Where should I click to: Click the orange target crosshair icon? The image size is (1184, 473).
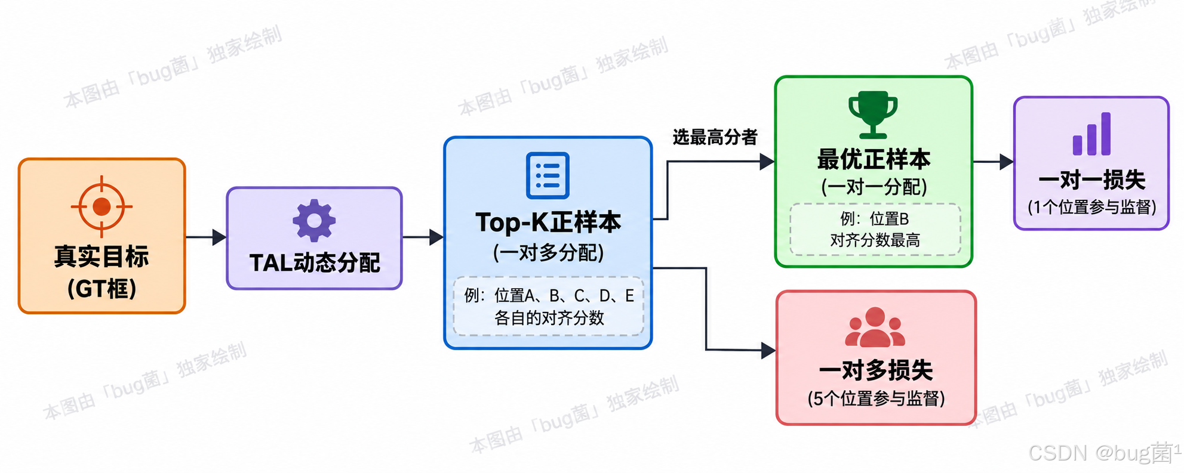pyautogui.click(x=102, y=206)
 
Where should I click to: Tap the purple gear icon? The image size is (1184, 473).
pyautogui.click(x=314, y=221)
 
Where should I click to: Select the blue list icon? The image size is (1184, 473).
pyautogui.click(x=548, y=175)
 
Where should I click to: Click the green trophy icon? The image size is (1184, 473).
pyautogui.click(x=873, y=115)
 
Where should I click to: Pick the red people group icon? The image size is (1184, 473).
pyautogui.click(x=875, y=327)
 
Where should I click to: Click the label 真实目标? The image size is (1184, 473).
pyautogui.click(x=102, y=256)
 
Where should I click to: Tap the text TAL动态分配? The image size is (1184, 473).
pyautogui.click(x=315, y=262)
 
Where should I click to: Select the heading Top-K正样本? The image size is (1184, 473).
pyautogui.click(x=548, y=222)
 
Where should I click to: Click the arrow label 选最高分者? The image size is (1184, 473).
pyautogui.click(x=715, y=137)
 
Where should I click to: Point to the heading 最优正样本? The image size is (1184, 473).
pyautogui.click(x=874, y=159)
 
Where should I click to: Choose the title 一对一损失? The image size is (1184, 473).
pyautogui.click(x=1091, y=180)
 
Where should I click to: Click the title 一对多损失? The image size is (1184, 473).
pyautogui.click(x=876, y=370)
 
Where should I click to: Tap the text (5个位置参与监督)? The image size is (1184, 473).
pyautogui.click(x=876, y=398)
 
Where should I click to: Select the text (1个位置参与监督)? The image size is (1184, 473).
pyautogui.click(x=1091, y=207)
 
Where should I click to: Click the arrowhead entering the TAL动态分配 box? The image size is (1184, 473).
pyautogui.click(x=219, y=237)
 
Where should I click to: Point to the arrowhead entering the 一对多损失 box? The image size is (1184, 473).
pyautogui.click(x=768, y=350)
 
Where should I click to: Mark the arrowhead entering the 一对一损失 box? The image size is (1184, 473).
pyautogui.click(x=1007, y=162)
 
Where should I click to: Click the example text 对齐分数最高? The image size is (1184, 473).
pyautogui.click(x=875, y=240)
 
